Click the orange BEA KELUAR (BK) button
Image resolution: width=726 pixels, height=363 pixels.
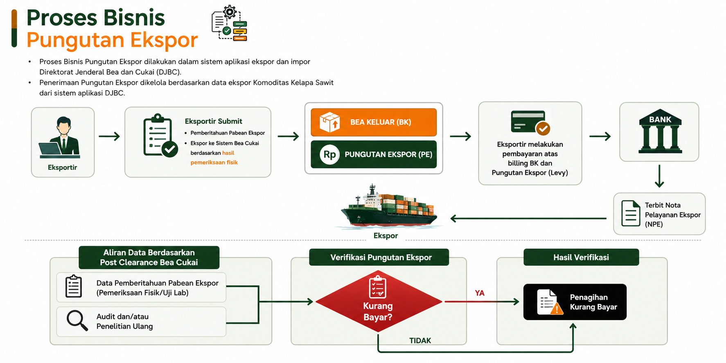click(x=374, y=122)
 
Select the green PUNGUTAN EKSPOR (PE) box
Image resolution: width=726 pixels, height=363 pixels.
click(x=374, y=154)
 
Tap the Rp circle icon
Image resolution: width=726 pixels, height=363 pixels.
click(x=330, y=154)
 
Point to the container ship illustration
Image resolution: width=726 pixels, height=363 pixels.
click(x=389, y=207)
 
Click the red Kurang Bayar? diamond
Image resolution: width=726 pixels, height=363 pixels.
click(x=379, y=302)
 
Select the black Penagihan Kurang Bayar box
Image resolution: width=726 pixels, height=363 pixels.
click(x=575, y=302)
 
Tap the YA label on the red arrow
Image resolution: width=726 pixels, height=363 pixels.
click(x=480, y=293)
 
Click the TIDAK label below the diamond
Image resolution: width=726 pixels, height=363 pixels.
click(x=420, y=340)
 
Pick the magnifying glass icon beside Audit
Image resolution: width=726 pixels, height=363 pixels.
click(x=77, y=320)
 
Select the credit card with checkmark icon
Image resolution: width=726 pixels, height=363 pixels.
click(x=530, y=122)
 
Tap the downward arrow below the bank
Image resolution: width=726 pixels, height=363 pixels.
click(x=659, y=176)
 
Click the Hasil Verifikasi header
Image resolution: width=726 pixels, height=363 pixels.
click(x=581, y=257)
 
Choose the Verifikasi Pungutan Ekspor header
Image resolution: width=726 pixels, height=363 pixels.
click(x=379, y=257)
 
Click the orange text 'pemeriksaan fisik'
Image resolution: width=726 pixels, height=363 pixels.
click(x=214, y=162)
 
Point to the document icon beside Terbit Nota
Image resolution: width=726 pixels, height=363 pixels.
click(x=631, y=213)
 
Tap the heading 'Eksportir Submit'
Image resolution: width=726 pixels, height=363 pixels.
click(x=214, y=121)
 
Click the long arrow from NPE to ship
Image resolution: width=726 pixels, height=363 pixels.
click(x=528, y=219)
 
